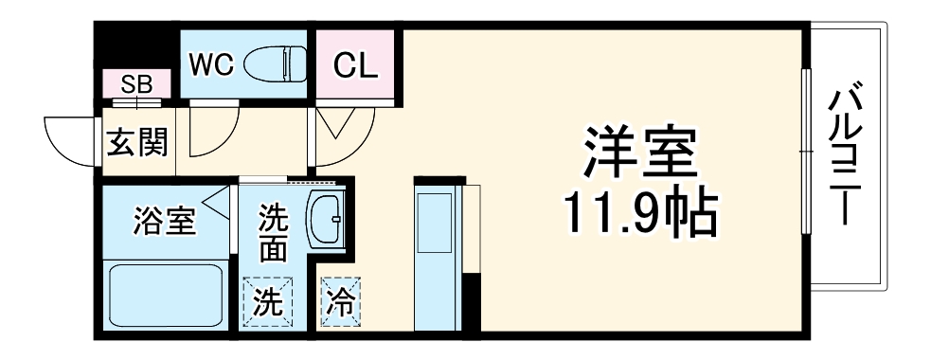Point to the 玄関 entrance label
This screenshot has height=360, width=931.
tap(136, 143)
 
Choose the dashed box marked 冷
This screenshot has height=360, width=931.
tap(338, 301)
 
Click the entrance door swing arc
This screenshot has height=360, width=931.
tap(71, 142)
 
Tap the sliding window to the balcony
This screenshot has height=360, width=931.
tap(805, 152)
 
